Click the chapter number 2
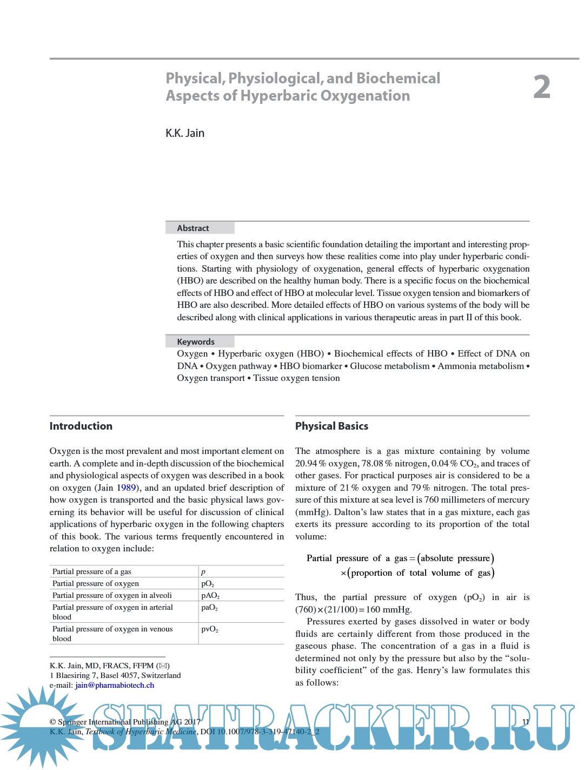coord(541,87)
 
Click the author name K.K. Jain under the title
coord(185,133)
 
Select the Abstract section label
coord(193,228)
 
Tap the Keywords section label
coord(196,342)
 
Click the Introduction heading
coord(81,426)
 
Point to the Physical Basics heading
coord(331,426)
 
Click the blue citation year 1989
coord(126,488)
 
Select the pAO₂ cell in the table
coord(210,596)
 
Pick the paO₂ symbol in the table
coord(209,608)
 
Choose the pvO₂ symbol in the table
coord(210,629)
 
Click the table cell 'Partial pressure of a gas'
coord(92,572)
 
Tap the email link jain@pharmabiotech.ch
coord(115,686)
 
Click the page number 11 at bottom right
coord(526,722)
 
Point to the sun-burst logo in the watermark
coord(41,722)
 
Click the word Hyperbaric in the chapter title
coord(279,96)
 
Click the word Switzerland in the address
coord(161,676)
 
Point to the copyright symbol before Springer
coord(52,722)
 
